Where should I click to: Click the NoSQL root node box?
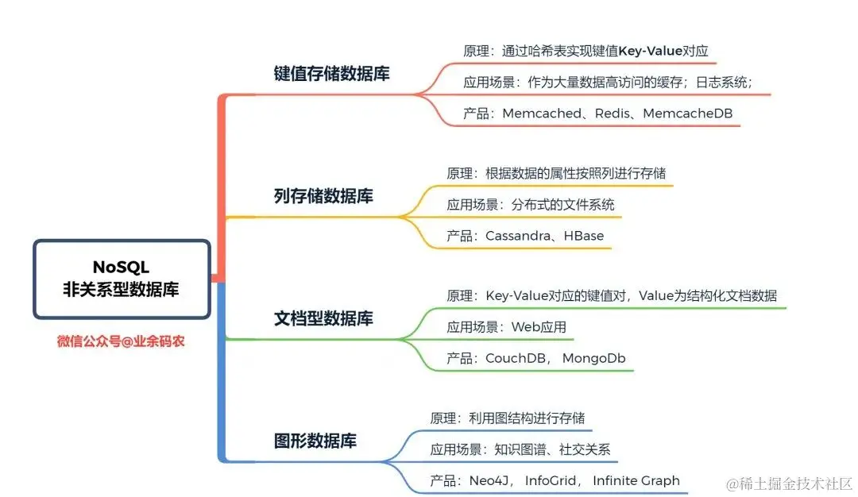(x=121, y=279)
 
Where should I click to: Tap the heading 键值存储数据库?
(x=331, y=74)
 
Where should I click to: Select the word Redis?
(x=612, y=114)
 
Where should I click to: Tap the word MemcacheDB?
(x=687, y=114)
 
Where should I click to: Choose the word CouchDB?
(x=516, y=358)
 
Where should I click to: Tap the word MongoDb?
(x=593, y=358)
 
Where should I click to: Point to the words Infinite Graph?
(x=636, y=480)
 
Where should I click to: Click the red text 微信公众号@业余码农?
(x=121, y=342)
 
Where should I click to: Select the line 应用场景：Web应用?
(x=506, y=326)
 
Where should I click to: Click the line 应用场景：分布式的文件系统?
(x=530, y=204)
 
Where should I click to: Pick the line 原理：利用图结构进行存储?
(x=508, y=418)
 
